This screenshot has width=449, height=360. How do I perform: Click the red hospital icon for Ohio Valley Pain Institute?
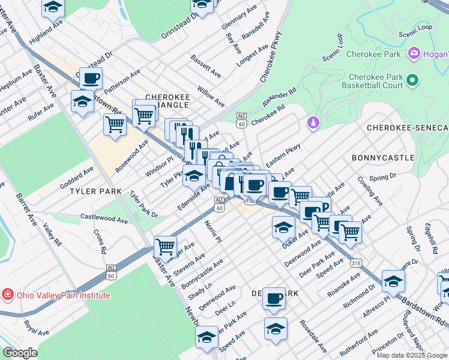coord(7,295)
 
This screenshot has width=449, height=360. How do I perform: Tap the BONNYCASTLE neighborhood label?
coord(383,158)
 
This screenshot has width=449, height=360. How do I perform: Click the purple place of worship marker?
coord(312,122)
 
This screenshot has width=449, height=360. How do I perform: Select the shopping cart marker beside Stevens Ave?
coord(165,245)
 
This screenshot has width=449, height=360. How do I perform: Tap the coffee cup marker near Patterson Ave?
coord(91,77)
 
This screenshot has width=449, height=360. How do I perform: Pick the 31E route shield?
coord(357,262)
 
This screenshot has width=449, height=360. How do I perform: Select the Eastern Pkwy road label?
coord(283,158)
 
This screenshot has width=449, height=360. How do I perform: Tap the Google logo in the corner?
coord(20,353)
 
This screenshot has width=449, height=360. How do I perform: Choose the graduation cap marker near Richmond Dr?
coord(393,280)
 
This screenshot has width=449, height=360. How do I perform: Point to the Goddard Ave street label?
coord(77,178)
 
